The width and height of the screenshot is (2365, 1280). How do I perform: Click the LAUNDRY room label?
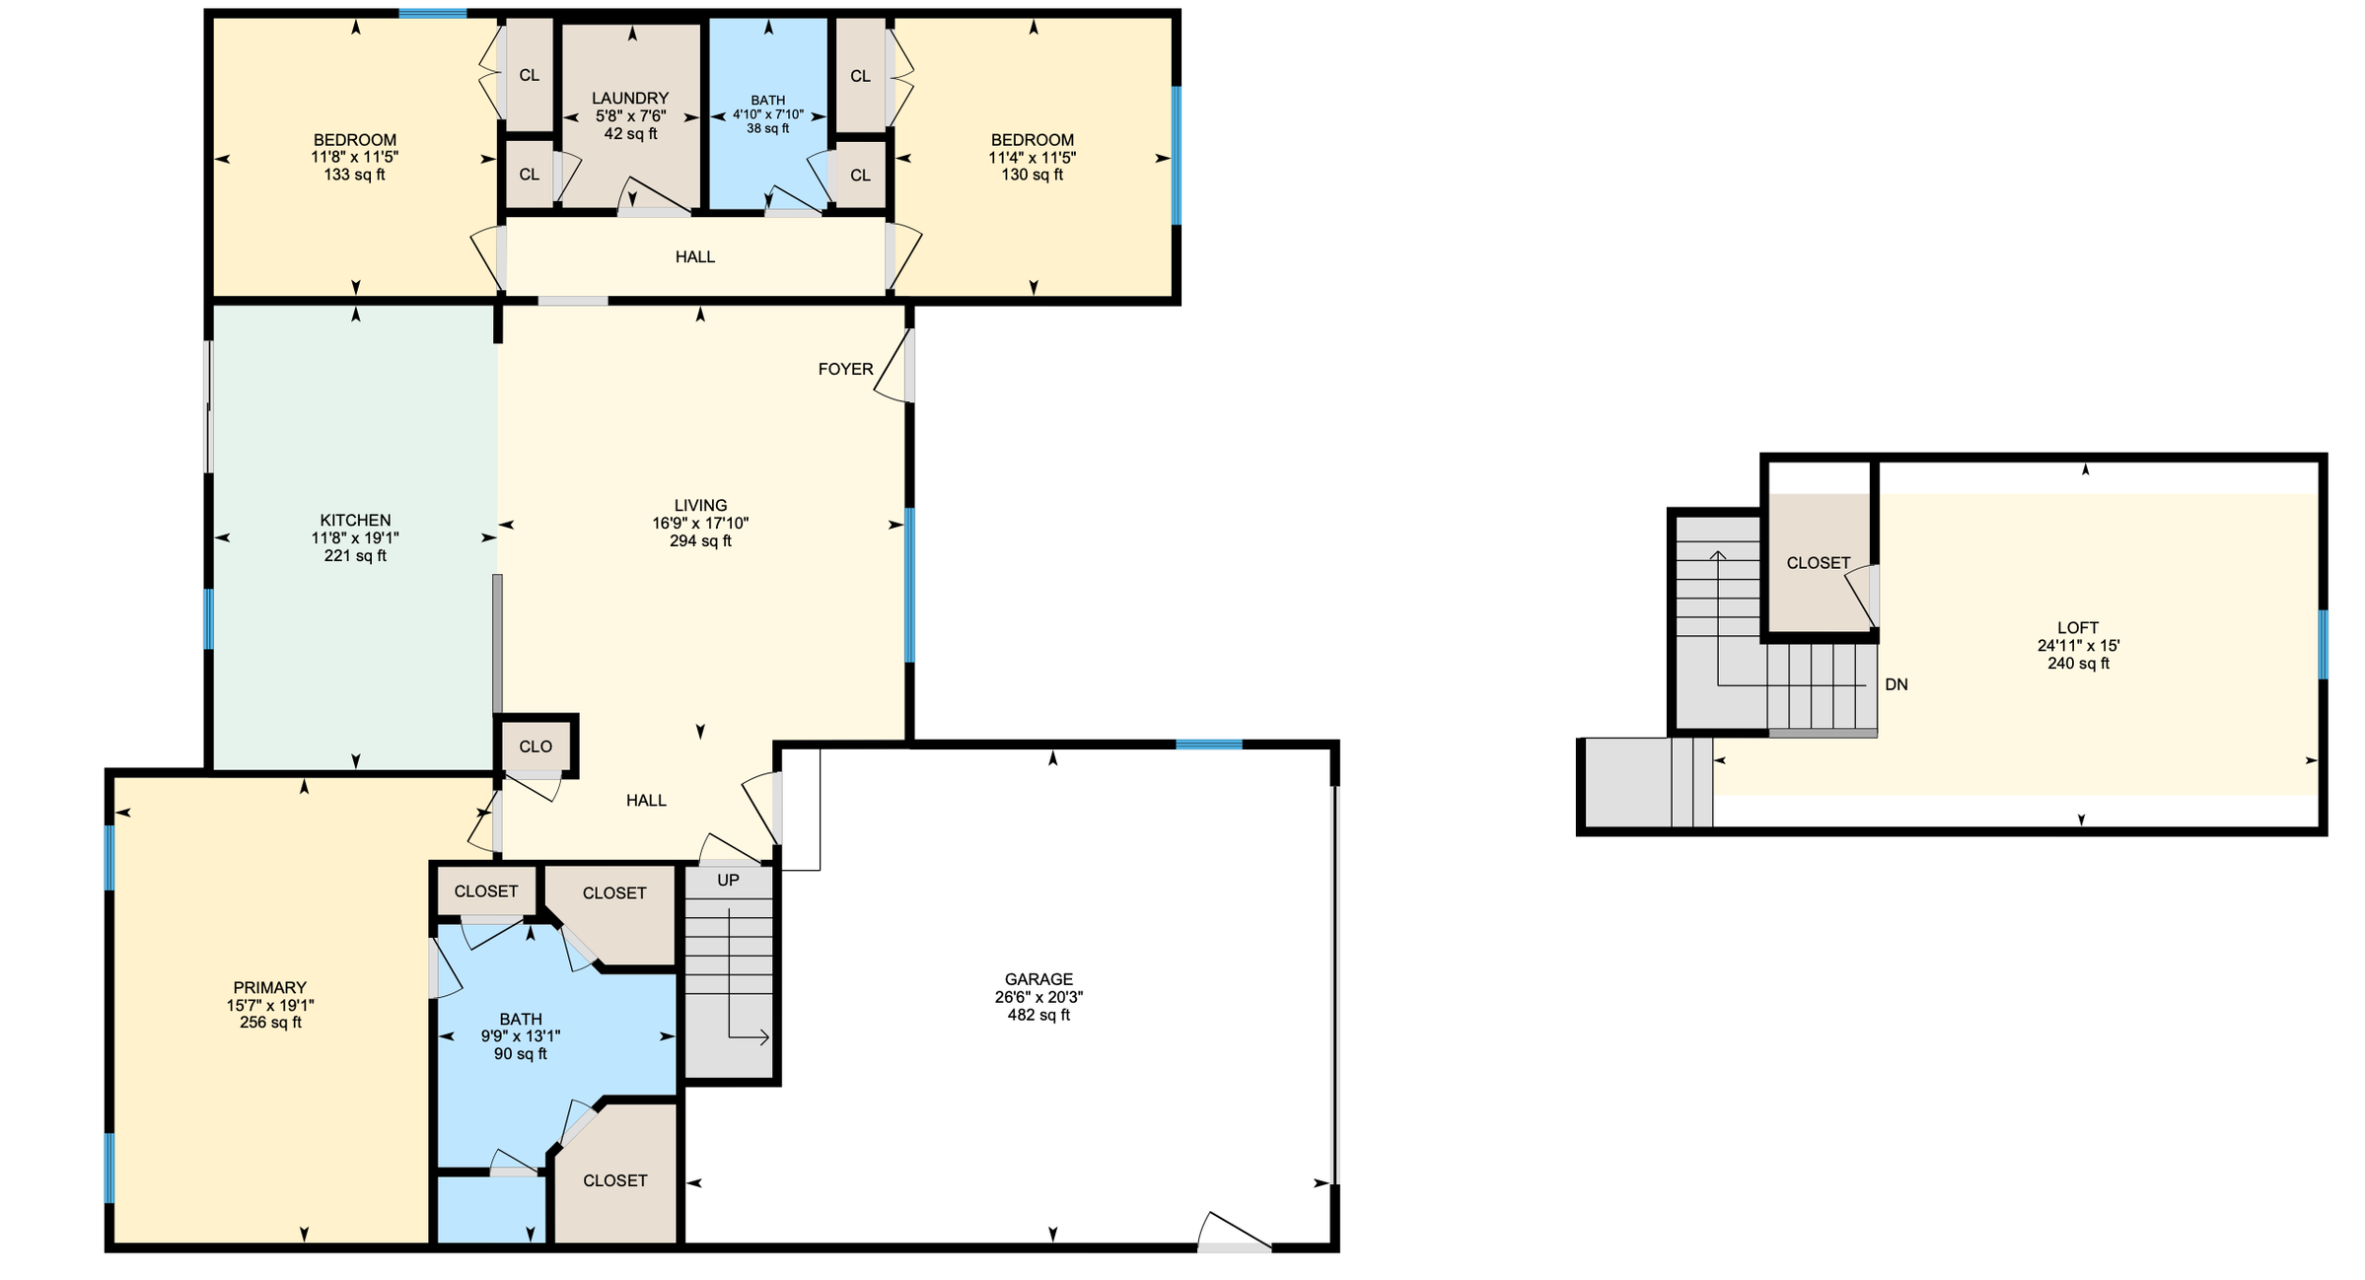click(630, 99)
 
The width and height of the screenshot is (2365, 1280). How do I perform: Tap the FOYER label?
click(846, 369)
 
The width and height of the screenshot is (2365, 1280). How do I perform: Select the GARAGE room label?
click(1039, 979)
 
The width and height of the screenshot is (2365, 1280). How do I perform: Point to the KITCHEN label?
click(355, 520)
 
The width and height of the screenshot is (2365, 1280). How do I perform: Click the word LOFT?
click(2078, 627)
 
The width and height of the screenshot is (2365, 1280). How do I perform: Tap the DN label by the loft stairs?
click(1896, 684)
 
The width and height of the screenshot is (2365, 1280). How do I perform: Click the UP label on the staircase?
click(728, 880)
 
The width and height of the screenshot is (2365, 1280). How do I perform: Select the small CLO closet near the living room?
click(536, 747)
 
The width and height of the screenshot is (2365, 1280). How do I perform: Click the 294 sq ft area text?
click(700, 540)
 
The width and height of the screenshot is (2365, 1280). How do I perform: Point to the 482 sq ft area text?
click(1039, 1015)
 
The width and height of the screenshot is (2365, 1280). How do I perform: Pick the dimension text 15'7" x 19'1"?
click(270, 1005)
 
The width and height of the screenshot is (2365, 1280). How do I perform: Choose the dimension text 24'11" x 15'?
click(2078, 646)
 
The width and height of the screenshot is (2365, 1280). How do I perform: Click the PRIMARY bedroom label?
click(270, 987)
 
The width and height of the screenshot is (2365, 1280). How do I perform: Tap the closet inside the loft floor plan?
click(1819, 563)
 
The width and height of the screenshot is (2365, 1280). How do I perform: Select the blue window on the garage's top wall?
click(1209, 745)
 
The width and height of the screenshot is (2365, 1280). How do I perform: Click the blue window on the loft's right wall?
click(2323, 644)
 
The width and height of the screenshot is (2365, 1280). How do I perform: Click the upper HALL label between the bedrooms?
click(695, 256)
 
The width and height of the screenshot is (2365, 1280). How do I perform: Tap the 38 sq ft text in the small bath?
click(768, 128)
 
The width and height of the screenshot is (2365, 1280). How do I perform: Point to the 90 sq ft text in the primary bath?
click(521, 1054)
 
